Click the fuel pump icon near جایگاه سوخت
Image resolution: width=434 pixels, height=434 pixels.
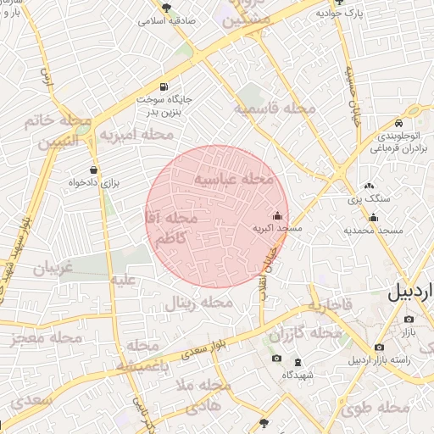[163, 86]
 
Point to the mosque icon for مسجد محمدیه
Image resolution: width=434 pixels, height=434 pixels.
[374, 218]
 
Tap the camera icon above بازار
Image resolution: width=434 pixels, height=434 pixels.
[409, 320]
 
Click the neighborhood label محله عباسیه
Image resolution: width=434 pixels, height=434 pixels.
[235, 180]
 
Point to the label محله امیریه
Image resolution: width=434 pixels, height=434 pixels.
[136, 134]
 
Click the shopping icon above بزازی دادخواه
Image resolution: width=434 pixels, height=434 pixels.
[93, 168]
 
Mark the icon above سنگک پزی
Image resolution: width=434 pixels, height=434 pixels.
[368, 186]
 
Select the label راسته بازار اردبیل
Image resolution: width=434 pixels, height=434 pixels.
[398, 360]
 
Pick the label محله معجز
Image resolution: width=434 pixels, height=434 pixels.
[47, 338]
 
